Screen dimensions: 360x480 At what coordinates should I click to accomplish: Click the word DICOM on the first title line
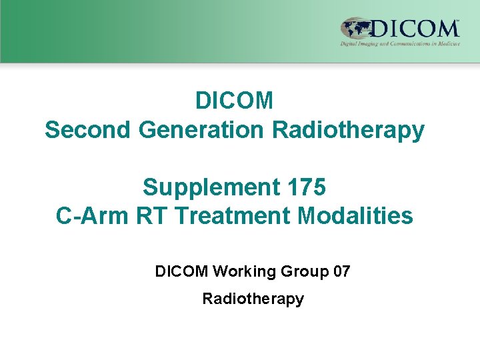[x=234, y=101]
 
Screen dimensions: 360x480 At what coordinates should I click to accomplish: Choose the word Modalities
[x=353, y=216]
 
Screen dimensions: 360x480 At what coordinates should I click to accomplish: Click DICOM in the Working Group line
[x=181, y=271]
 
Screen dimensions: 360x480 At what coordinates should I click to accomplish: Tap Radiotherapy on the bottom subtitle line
[x=253, y=299]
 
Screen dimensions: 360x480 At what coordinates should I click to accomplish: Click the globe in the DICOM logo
[x=356, y=29]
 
